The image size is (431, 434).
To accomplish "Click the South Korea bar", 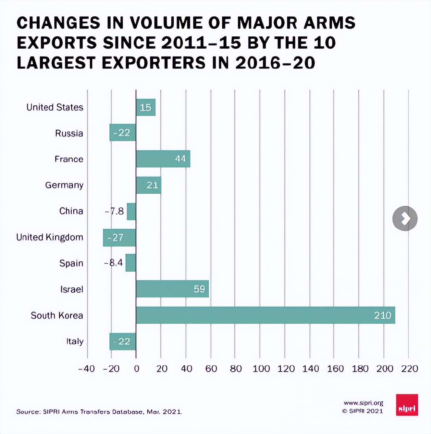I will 265,315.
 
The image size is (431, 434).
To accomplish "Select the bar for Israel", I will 172,289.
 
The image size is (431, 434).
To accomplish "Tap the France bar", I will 163,159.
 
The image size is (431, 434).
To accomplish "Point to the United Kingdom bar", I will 119,237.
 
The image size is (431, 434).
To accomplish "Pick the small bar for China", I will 131,211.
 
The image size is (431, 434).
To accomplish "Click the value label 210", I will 382,315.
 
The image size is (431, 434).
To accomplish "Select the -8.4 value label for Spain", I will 114,263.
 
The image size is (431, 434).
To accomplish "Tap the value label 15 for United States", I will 145,107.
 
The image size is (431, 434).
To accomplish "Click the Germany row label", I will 64,185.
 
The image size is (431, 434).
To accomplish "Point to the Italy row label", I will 75,341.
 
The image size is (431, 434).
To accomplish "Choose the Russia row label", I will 69,133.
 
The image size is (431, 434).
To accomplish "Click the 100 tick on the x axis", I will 261,369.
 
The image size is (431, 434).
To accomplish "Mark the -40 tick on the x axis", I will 87,369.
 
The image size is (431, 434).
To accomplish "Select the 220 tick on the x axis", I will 409,369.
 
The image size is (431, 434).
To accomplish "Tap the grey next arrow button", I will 405,218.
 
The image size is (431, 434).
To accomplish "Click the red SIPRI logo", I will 407,405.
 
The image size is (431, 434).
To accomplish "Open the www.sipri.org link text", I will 363,403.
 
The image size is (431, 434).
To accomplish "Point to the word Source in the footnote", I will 28,412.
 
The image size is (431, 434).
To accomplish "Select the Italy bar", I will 123,341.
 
